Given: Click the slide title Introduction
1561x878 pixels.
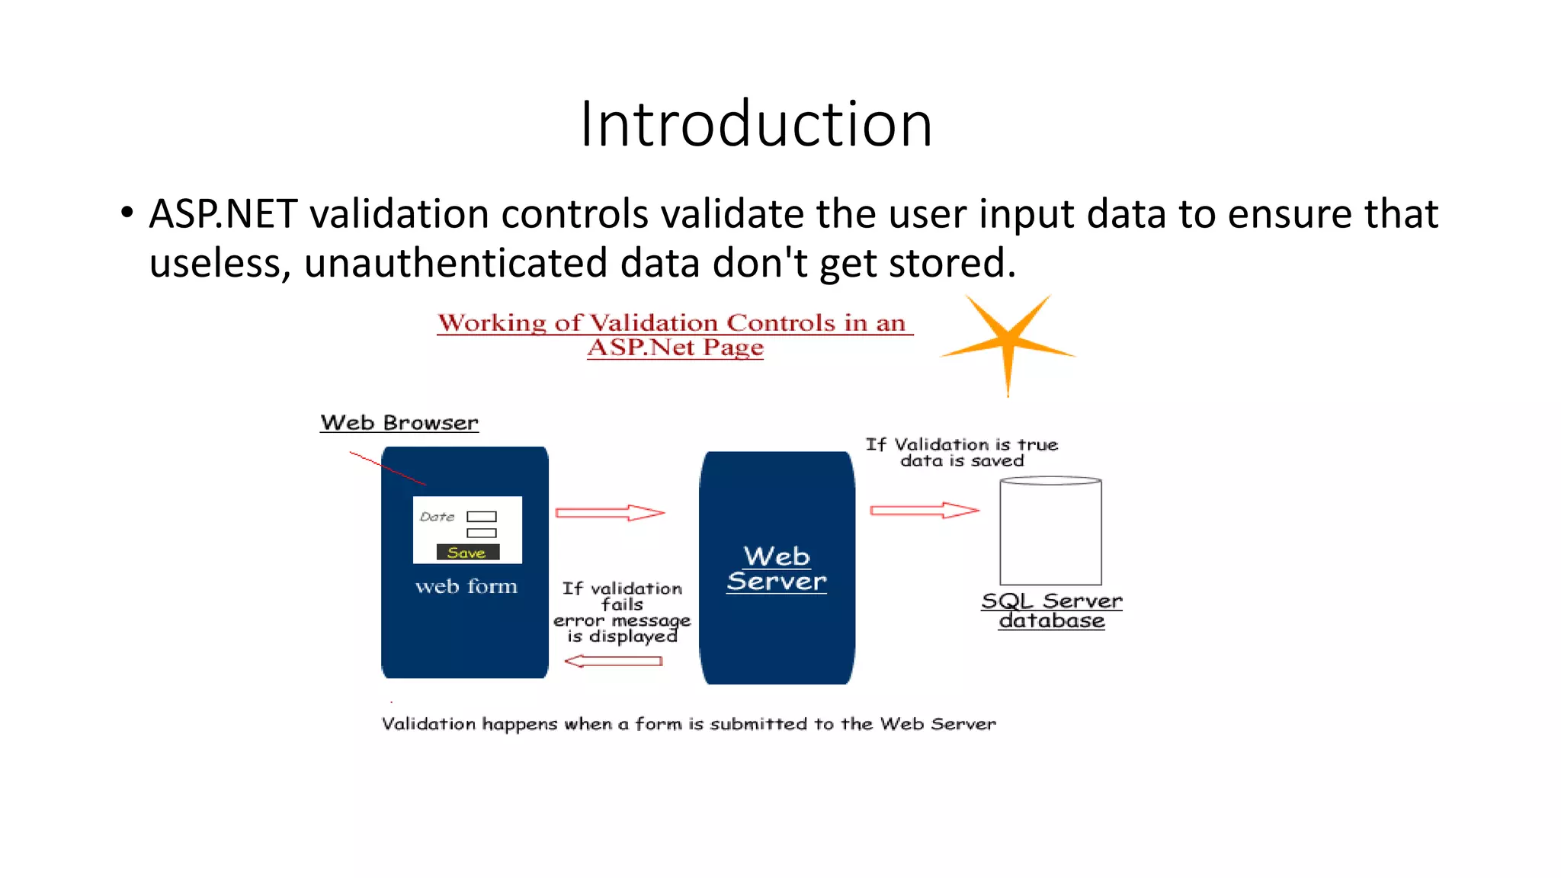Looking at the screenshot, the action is [756, 123].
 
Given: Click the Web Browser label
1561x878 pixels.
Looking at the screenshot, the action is [399, 422].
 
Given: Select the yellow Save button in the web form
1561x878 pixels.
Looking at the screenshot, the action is [467, 553].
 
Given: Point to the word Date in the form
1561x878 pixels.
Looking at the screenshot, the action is [437, 517].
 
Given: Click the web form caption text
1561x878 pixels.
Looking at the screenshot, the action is [466, 586].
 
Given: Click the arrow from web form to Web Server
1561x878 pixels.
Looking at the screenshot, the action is [610, 512].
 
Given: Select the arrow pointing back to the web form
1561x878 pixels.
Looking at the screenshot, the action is [613, 661].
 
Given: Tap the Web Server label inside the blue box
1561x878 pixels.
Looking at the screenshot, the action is [776, 569].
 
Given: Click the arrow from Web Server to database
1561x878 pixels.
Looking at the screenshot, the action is [924, 510].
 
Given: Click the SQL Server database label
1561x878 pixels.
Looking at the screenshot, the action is [1052, 610].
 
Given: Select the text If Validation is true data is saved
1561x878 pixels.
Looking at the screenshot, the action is [962, 452].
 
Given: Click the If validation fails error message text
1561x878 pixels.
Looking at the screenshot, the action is [622, 612].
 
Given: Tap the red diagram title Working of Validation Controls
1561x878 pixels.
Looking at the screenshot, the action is [675, 334].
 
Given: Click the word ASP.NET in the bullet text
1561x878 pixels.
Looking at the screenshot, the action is [223, 213].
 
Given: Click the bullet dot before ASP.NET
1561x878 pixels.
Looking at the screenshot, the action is [127, 212].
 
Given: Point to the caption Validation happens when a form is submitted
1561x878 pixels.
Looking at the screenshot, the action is [688, 723].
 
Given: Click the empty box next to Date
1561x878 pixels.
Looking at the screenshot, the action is [481, 517].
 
